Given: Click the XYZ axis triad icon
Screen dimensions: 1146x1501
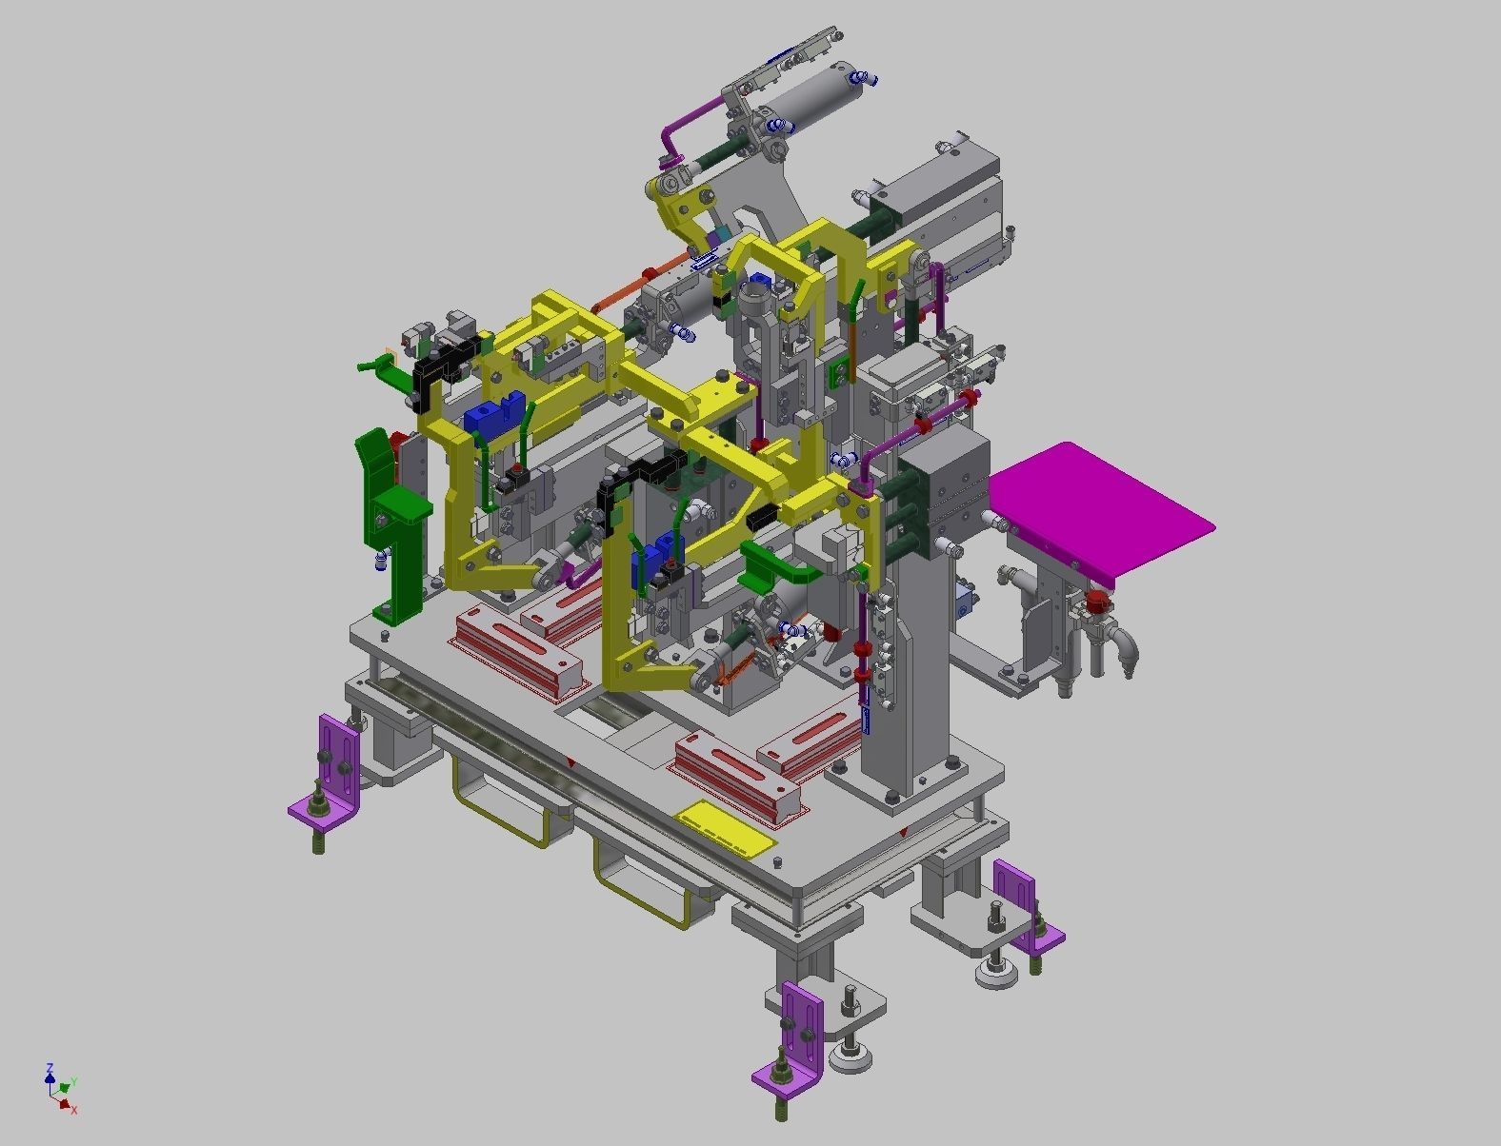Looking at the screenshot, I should point(60,1088).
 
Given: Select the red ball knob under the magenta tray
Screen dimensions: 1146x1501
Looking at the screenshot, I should point(1098,602).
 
